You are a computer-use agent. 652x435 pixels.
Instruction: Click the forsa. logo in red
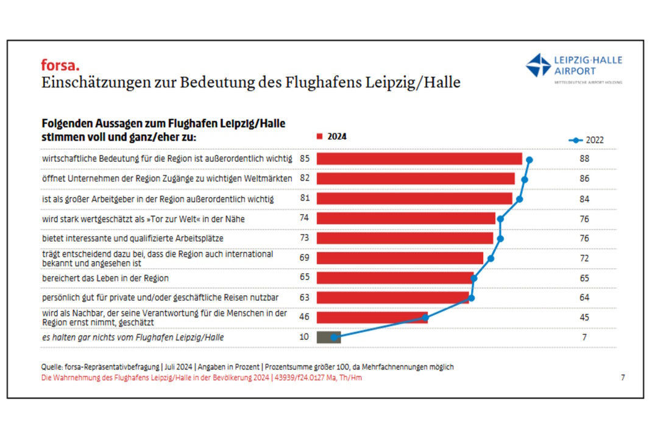click(60, 64)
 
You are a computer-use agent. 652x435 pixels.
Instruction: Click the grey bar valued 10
click(328, 337)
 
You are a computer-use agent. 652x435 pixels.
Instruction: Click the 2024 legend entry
click(332, 137)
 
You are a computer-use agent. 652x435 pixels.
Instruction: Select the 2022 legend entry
click(586, 140)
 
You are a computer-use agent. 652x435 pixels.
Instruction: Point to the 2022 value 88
click(585, 159)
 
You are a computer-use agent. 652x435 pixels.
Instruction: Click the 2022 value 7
click(585, 337)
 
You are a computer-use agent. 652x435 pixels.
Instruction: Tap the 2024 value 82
click(305, 178)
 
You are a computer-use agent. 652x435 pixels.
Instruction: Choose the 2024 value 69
click(305, 258)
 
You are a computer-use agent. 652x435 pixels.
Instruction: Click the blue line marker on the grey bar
click(335, 336)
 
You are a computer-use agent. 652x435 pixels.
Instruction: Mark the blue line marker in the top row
click(530, 160)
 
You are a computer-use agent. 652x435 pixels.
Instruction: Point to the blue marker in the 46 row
click(425, 317)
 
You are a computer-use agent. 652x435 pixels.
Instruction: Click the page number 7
click(622, 378)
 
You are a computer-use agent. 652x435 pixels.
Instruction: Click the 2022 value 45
click(585, 317)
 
